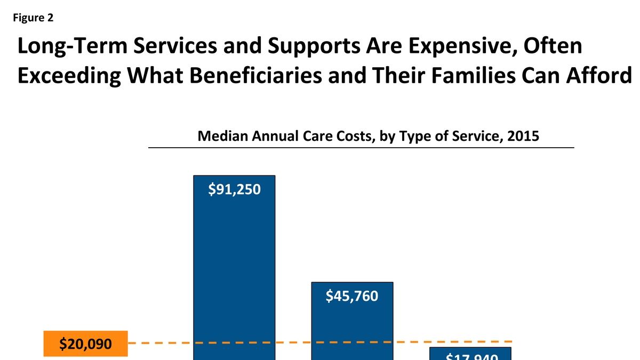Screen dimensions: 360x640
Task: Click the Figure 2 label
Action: coord(33,18)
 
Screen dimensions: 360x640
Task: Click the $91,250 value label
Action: coord(234,189)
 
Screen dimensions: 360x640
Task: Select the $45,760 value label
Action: coord(352,295)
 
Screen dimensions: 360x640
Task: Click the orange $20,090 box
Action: coord(86,344)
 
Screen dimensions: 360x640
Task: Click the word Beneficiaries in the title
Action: coord(230,76)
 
